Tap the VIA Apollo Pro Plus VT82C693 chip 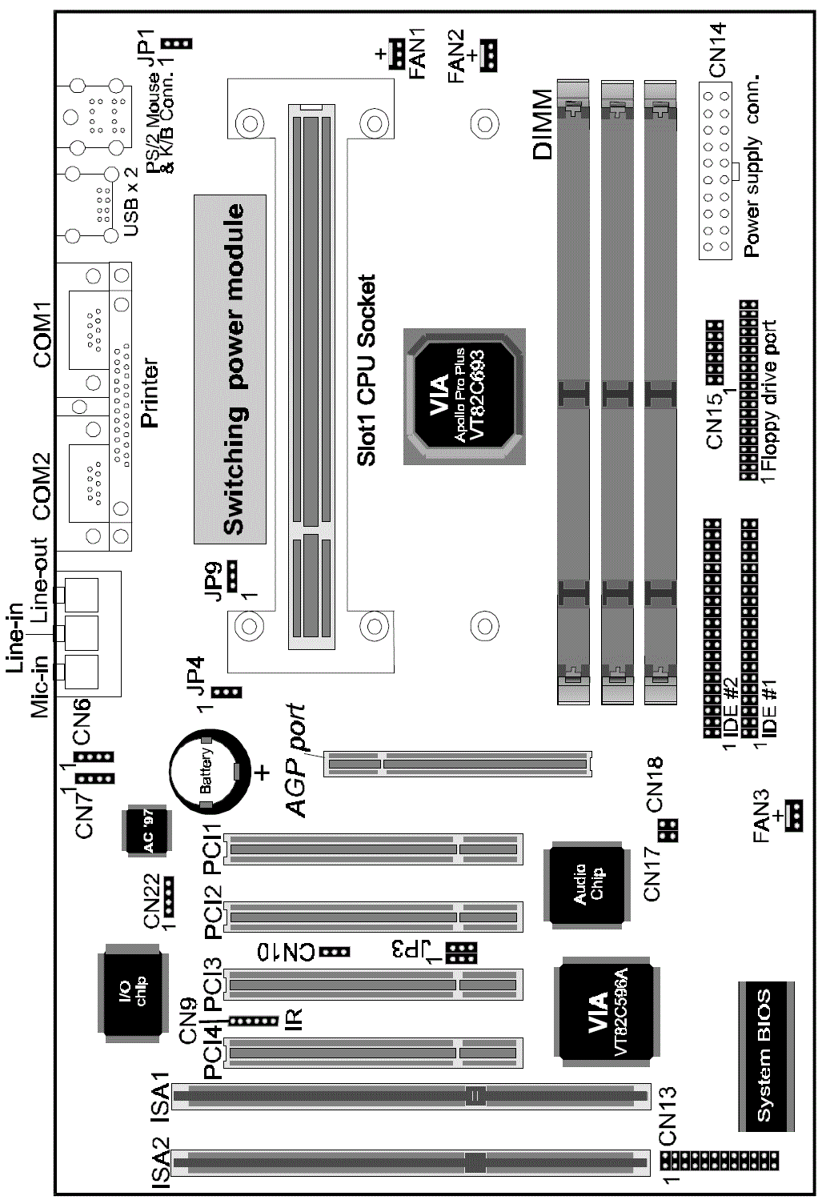tap(464, 397)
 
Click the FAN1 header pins tap(397, 54)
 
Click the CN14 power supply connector tap(716, 171)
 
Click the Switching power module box tap(230, 369)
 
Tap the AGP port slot tap(457, 764)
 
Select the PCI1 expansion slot tap(374, 849)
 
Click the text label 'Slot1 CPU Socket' tap(366, 370)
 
